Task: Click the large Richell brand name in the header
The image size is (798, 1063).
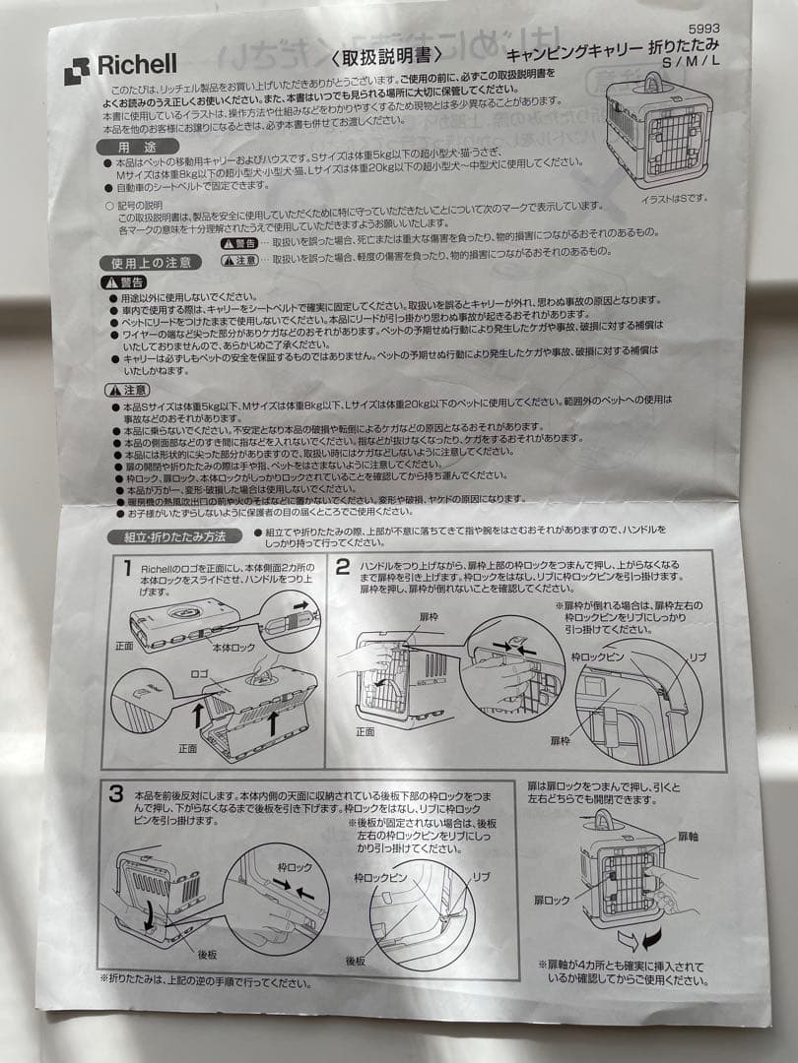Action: (x=136, y=65)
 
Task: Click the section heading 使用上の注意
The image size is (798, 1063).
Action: (x=151, y=263)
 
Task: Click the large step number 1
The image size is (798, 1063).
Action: (x=127, y=568)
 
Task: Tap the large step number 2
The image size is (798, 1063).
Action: (x=342, y=567)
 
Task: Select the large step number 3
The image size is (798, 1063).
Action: (x=116, y=793)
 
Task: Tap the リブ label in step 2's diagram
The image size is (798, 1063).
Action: (x=698, y=656)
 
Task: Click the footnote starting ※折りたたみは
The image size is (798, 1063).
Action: (x=205, y=980)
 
